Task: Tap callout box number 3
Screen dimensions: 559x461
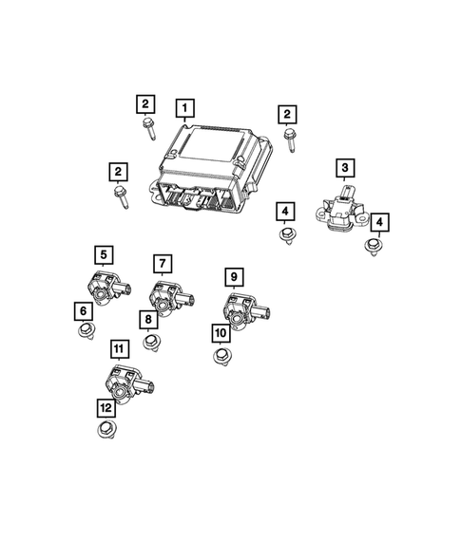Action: (344, 169)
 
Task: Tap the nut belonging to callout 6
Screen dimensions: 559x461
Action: (86, 331)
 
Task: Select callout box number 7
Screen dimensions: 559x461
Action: (163, 263)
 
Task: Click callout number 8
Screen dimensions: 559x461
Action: (149, 319)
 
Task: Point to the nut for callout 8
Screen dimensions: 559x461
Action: (149, 342)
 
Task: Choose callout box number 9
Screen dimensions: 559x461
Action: (233, 277)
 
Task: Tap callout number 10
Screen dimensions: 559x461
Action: (221, 333)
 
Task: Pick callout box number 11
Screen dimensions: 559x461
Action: (118, 348)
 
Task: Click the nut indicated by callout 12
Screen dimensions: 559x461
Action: (106, 430)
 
